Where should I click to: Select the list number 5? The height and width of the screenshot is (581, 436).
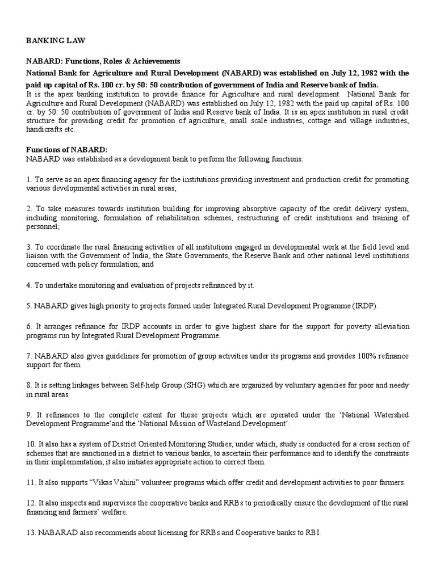28,306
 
